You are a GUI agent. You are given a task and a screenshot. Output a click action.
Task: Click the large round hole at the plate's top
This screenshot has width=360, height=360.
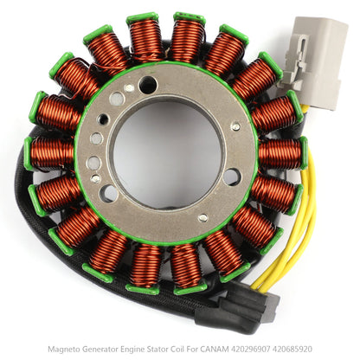click(148, 85)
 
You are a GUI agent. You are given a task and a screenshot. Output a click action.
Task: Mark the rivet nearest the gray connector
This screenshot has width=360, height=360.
click(235, 126)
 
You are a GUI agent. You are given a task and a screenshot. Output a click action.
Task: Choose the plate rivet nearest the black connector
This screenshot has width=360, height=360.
click(202, 217)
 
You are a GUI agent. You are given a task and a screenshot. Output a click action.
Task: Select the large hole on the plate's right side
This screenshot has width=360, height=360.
click(230, 177)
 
